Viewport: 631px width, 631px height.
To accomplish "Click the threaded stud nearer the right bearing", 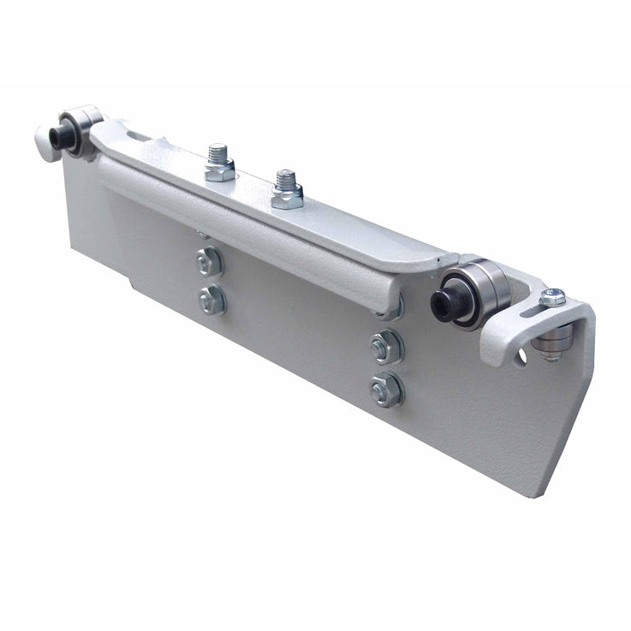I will point(286,181).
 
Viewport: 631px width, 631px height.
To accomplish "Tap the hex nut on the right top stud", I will point(287,198).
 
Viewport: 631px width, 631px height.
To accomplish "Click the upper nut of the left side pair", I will point(210,261).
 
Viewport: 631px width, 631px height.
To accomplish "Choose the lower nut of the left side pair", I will point(211,300).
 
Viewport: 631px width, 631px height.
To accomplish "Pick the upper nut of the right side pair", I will point(386,347).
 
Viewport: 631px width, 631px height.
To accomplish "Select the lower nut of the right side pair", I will point(387,390).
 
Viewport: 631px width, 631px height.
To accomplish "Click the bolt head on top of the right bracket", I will point(553,298).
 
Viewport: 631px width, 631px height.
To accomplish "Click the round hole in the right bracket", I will point(519,354).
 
